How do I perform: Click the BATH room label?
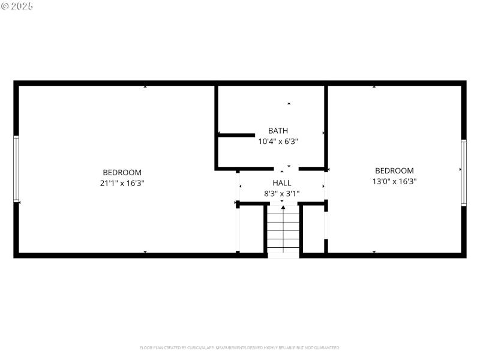[278, 130]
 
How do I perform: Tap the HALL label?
[281, 182]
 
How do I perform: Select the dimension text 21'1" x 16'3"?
[122, 183]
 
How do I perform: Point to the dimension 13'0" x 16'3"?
[394, 181]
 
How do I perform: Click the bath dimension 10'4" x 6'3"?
[278, 142]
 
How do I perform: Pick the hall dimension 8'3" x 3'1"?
[281, 193]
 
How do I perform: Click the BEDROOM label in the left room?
[122, 172]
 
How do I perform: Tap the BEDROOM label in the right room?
[394, 170]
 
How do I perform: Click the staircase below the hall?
[283, 231]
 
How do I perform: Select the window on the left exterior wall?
[16, 170]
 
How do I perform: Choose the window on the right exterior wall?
[463, 172]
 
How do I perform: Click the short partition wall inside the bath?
[236, 135]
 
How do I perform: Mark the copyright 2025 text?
[17, 6]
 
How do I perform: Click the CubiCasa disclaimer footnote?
[240, 347]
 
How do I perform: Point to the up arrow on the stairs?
[283, 209]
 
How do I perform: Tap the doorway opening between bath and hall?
[287, 169]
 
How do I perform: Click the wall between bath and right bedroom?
[326, 126]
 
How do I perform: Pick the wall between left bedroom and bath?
[216, 126]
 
